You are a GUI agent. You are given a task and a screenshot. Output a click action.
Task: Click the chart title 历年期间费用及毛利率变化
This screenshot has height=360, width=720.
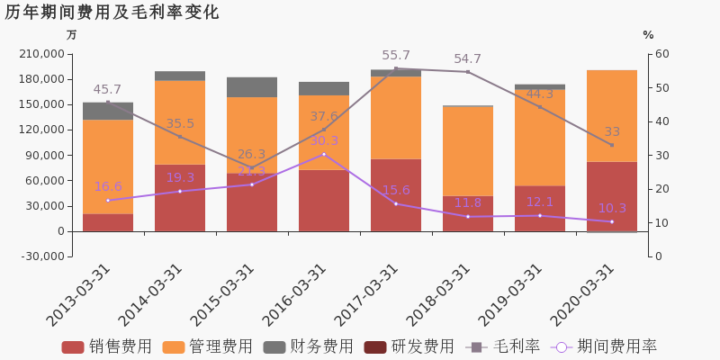(112, 13)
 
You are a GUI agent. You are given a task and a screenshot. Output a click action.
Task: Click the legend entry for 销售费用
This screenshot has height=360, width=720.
(107, 346)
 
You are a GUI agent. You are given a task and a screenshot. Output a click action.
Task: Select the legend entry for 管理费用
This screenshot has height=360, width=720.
(208, 346)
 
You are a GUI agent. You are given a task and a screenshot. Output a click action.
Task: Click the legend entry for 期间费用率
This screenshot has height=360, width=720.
(605, 346)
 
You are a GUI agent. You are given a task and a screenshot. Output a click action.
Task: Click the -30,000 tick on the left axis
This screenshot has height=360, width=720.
(40, 256)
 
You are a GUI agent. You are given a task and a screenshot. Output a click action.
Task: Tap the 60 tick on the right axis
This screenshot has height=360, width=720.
(661, 54)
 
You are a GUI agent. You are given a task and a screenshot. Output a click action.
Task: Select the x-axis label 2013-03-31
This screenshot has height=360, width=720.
(79, 295)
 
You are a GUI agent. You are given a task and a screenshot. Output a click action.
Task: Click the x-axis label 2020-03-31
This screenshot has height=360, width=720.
(583, 295)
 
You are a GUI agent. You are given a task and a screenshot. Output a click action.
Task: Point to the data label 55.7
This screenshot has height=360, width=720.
(396, 56)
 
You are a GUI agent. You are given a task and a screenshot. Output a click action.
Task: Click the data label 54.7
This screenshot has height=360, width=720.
(467, 59)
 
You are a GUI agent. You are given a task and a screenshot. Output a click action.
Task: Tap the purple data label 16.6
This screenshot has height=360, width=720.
(108, 187)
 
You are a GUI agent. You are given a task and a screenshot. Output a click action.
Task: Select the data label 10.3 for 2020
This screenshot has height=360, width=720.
(612, 209)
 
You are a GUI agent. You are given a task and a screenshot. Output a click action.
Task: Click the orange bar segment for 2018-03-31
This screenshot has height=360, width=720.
(468, 151)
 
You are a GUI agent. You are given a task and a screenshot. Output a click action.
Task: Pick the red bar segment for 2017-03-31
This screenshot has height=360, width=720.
(396, 194)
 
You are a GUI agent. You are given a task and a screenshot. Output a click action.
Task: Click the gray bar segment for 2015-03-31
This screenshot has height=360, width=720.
(252, 87)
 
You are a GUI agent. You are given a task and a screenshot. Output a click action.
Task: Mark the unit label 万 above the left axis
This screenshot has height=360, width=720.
(72, 35)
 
